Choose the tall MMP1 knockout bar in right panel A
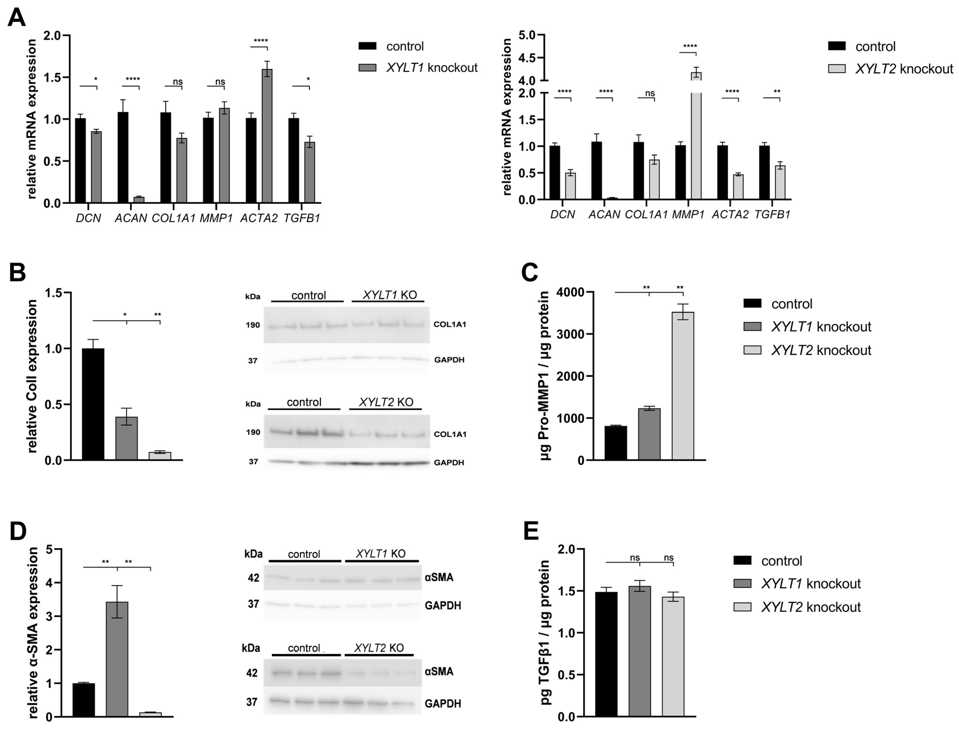click(696, 139)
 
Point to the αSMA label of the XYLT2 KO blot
click(439, 672)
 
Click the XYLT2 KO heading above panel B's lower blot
click(386, 402)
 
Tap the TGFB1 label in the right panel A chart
click(772, 214)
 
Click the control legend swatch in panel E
click(742, 561)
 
